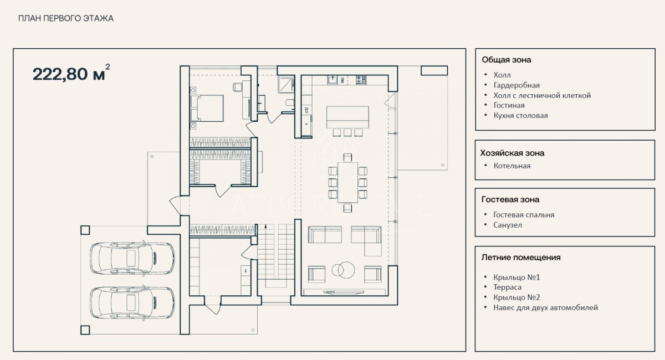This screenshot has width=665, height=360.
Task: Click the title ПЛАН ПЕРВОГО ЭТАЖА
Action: pyautogui.click(x=66, y=18)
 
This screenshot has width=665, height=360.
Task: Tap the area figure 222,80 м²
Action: pyautogui.click(x=71, y=73)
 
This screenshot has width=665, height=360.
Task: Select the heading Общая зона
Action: pyautogui.click(x=506, y=60)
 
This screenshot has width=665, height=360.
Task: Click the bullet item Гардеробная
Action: pyautogui.click(x=516, y=85)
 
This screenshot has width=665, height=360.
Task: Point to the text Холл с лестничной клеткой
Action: pyautogui.click(x=542, y=96)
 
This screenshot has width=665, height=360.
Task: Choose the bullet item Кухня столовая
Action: pyautogui.click(x=521, y=115)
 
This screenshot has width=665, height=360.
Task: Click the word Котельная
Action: pyautogui.click(x=512, y=166)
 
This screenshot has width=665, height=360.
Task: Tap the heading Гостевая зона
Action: pyautogui.click(x=510, y=199)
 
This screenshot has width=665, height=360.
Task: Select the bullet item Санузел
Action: pyautogui.click(x=508, y=225)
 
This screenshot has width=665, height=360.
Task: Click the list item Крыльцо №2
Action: pyautogui.click(x=516, y=297)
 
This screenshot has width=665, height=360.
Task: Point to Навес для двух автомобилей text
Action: pyautogui.click(x=546, y=308)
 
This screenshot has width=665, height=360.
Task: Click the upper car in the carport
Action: pyautogui.click(x=132, y=258)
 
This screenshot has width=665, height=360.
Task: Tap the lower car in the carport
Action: pyautogui.click(x=132, y=303)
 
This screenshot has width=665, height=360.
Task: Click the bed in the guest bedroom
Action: pyautogui.click(x=207, y=108)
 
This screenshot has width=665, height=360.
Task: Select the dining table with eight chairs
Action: pyautogui.click(x=347, y=183)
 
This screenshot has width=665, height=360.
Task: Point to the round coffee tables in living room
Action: pyautogui.click(x=343, y=270)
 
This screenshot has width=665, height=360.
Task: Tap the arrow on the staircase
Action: pyautogui.click(x=265, y=230)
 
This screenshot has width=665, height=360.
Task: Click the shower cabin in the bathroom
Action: pyautogui.click(x=286, y=84)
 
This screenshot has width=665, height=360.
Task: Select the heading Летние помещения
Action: pyautogui.click(x=521, y=258)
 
